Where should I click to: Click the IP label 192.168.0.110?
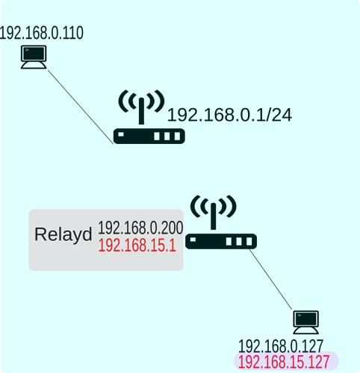click(x=41, y=33)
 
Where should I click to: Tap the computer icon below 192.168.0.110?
click(x=34, y=57)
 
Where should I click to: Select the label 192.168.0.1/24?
click(x=229, y=115)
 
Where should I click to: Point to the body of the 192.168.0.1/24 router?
click(x=149, y=136)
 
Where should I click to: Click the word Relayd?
click(x=63, y=234)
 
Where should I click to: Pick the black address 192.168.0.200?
click(x=140, y=228)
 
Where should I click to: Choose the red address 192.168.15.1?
click(x=137, y=245)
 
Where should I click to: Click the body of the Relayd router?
click(x=221, y=241)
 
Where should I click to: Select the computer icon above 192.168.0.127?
click(x=306, y=322)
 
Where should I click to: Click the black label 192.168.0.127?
click(x=281, y=346)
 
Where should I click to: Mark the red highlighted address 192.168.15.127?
click(x=284, y=362)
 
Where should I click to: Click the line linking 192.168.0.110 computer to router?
click(x=81, y=107)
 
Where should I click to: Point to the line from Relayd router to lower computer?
click(x=270, y=279)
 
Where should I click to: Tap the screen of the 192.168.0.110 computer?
click(x=34, y=53)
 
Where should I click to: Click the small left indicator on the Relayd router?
click(x=193, y=239)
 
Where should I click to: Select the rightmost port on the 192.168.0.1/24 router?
click(x=177, y=137)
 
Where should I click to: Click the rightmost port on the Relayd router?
click(x=249, y=242)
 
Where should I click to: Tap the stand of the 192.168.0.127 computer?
click(x=306, y=330)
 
